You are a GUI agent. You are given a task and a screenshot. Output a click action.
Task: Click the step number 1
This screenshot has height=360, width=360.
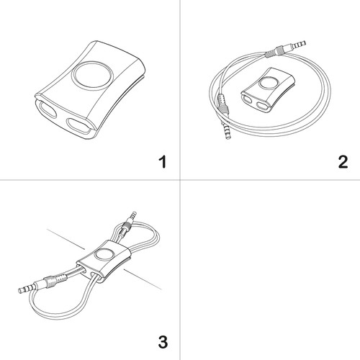coord(163,162)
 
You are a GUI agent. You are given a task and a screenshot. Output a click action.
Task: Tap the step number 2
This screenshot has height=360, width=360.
coord(343,162)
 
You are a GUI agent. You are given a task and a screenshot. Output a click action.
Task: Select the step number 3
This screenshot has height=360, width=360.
coord(163,342)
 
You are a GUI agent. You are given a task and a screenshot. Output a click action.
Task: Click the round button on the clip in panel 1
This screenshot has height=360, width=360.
coord(92,76)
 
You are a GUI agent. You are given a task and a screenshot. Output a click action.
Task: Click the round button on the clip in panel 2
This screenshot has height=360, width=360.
coord(269,84)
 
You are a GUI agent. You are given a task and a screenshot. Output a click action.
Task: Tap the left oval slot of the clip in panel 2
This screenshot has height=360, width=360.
coord(248,99)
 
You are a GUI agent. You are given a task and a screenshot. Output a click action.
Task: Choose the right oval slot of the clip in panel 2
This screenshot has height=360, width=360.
coord(262,105)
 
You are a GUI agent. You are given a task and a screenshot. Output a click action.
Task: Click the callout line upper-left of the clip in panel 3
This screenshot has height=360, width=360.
coord(66,239)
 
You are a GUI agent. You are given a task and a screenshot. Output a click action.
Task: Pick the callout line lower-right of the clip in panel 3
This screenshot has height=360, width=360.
coord(143,279)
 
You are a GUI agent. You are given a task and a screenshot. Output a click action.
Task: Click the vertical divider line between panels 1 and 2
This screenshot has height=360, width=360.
coord(180,90)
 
